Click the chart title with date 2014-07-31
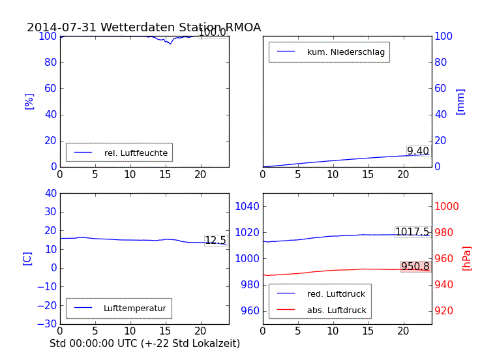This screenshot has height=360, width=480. point(143,27)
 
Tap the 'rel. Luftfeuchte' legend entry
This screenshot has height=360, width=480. point(136,153)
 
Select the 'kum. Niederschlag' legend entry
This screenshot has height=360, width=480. point(346,52)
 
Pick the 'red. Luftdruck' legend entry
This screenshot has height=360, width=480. point(336,294)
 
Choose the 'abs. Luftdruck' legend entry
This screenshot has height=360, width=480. point(336,310)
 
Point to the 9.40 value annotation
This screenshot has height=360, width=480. point(418,151)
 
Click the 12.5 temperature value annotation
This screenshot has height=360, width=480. point(215,241)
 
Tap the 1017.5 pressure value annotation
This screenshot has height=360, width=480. point(412,232)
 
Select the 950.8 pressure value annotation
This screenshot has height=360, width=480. point(415,267)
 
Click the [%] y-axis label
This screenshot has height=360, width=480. point(29,101)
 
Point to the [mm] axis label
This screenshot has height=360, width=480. point(460,101)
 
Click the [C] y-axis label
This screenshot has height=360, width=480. point(27,258)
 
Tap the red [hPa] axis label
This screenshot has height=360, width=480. point(466,258)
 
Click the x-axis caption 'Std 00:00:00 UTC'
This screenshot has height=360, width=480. point(145,343)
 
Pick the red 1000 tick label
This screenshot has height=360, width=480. point(447,207)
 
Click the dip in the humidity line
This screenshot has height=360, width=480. point(171,43)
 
